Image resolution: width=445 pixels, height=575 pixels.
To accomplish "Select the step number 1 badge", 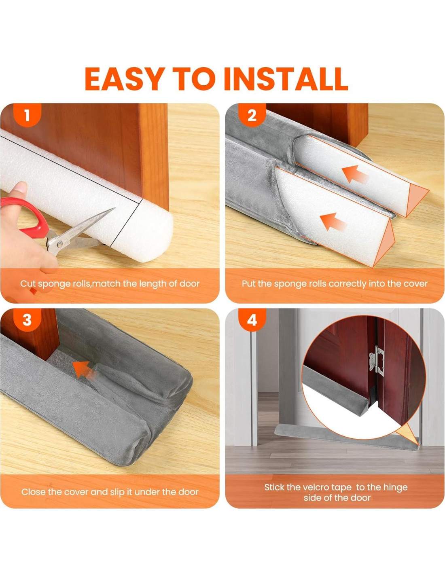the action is point(27,116).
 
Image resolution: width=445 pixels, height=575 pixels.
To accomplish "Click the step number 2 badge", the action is point(252,116).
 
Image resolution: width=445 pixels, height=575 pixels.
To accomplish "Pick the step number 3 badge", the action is point(27,320).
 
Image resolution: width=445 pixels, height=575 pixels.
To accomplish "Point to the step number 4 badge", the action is point(252,320).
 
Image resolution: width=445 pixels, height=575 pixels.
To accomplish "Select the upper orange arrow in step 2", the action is point(355,174).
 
